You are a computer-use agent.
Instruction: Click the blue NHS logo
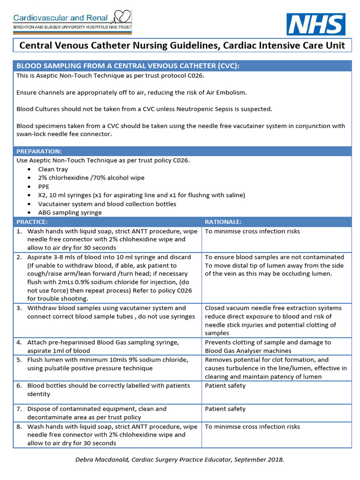click(x=316, y=24)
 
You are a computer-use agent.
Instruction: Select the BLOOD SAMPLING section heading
click(x=127, y=66)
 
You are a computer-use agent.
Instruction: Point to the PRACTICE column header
click(x=32, y=221)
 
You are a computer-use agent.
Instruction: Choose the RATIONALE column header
click(x=223, y=221)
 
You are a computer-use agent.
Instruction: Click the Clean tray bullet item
click(x=53, y=169)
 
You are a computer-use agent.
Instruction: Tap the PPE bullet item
click(x=45, y=186)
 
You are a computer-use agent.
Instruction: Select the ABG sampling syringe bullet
click(x=70, y=212)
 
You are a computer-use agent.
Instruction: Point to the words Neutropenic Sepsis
click(x=210, y=109)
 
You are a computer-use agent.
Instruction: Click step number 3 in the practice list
click(x=19, y=308)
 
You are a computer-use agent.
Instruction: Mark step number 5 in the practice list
click(x=19, y=360)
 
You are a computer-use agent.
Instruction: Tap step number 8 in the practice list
click(x=19, y=427)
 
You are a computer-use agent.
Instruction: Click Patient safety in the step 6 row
click(x=225, y=385)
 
